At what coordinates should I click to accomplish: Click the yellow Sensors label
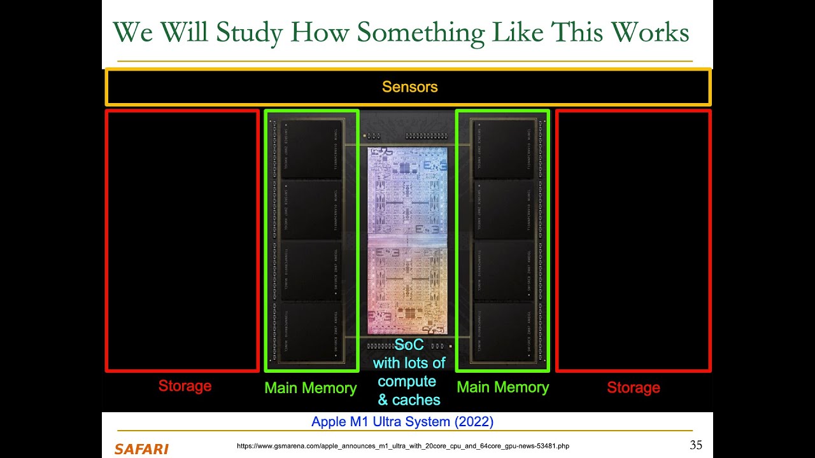click(x=409, y=87)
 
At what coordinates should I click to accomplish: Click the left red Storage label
click(x=185, y=386)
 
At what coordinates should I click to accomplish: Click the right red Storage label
click(x=633, y=387)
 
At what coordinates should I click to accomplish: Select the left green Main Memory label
click(x=311, y=388)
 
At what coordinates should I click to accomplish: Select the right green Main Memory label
click(x=502, y=387)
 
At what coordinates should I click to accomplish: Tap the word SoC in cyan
click(x=409, y=345)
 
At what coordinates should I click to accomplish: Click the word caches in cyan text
click(x=416, y=400)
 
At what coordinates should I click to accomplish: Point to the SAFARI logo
click(x=141, y=449)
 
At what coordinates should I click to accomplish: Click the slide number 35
click(x=695, y=445)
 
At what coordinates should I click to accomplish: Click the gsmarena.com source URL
click(x=402, y=447)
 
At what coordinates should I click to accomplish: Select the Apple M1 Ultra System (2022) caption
click(x=402, y=422)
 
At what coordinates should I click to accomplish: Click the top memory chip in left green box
click(x=311, y=149)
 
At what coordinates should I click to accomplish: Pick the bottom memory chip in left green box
click(x=311, y=332)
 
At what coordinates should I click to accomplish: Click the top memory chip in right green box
click(x=503, y=149)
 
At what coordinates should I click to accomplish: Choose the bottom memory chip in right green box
click(x=503, y=332)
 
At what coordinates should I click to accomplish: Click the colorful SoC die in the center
click(x=407, y=242)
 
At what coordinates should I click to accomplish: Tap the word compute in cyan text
click(x=407, y=382)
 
